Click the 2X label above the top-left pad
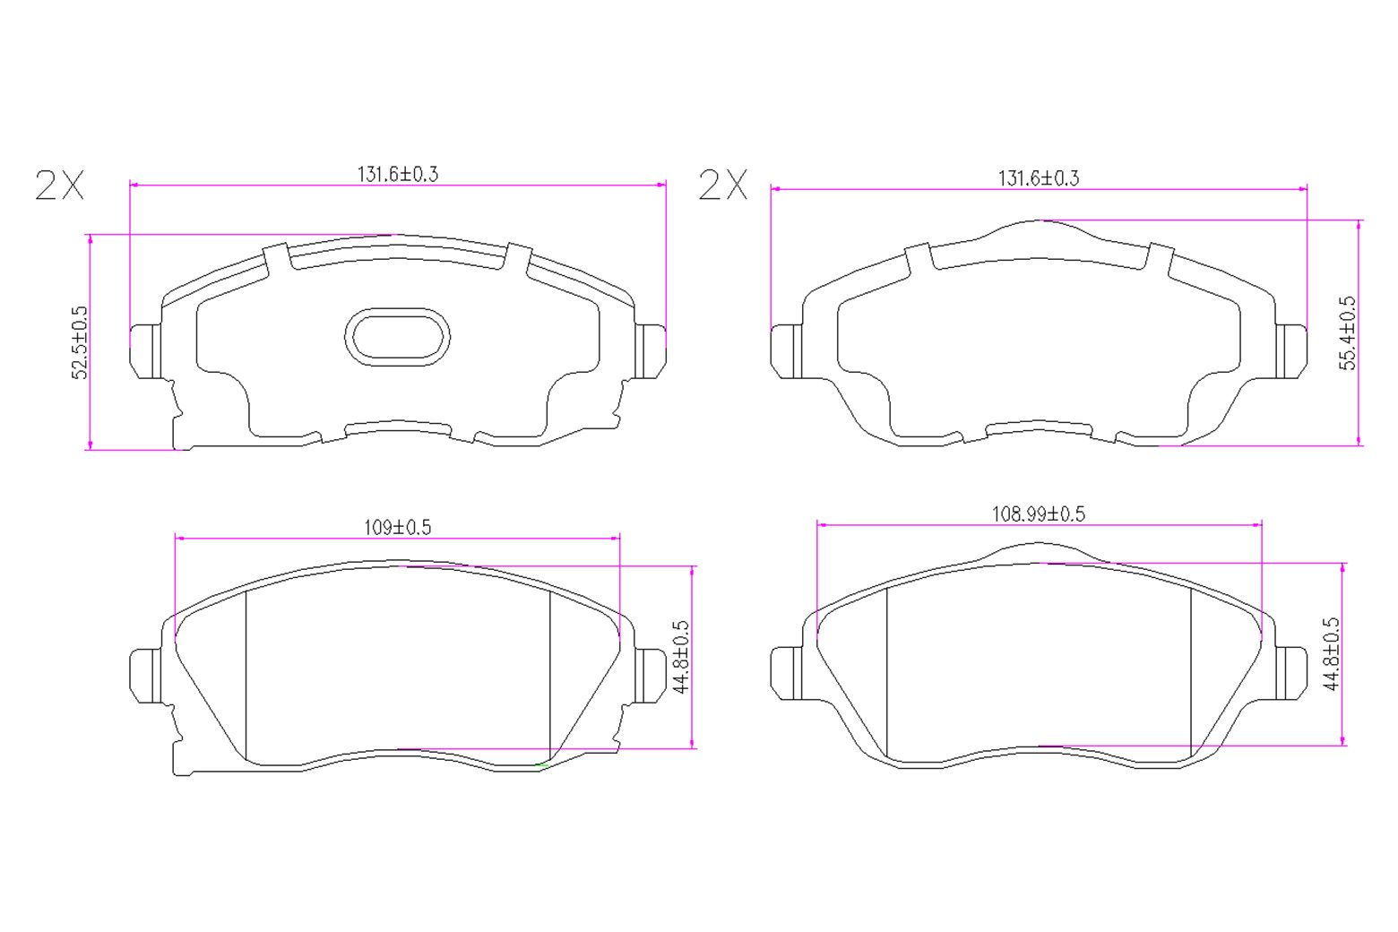[59, 185]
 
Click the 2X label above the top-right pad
[722, 185]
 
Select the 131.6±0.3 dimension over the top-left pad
[398, 174]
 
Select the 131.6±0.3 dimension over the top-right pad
[1039, 177]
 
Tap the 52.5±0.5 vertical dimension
[81, 342]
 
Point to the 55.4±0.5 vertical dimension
[1348, 333]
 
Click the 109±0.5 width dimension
[397, 527]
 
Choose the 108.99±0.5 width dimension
[1038, 513]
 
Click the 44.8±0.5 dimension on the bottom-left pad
[681, 657]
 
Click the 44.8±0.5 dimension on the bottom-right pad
[1332, 653]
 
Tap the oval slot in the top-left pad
[397, 338]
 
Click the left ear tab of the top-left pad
[144, 349]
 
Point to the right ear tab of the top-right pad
[1291, 349]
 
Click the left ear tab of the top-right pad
[785, 350]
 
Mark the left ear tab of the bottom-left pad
[144, 675]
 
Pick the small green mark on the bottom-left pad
[539, 764]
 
